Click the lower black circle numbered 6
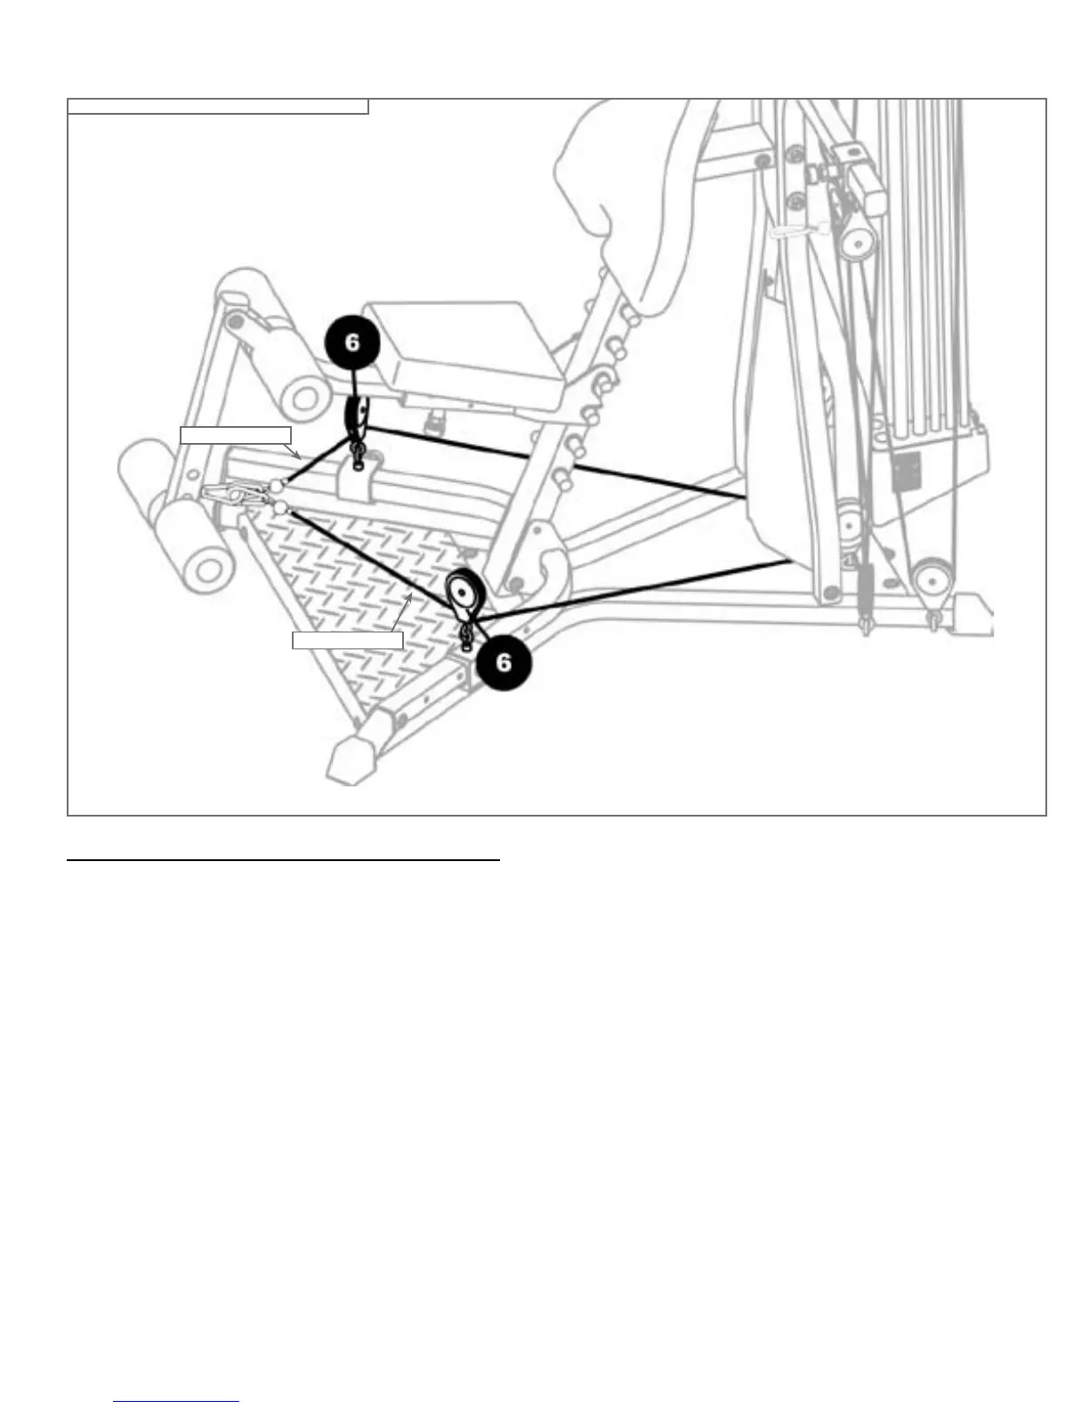pos(504,662)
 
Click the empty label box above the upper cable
pos(236,435)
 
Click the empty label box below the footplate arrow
pos(348,640)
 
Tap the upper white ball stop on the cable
pos(278,486)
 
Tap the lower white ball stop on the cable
pos(281,507)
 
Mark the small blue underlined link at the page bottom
pos(177,1401)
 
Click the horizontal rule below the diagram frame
pos(285,861)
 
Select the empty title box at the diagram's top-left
pos(218,107)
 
